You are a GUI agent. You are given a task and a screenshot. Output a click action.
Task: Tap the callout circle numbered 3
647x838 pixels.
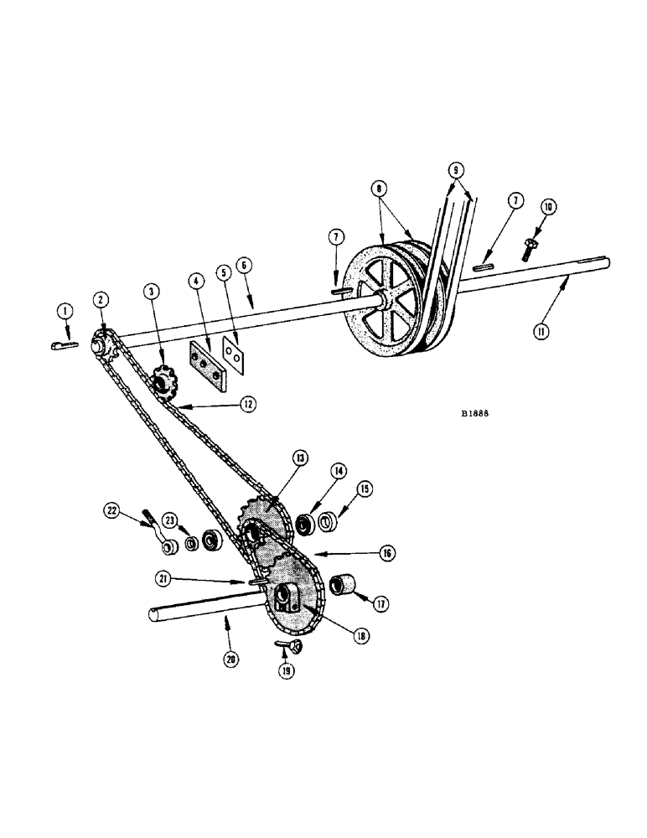click(x=152, y=291)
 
